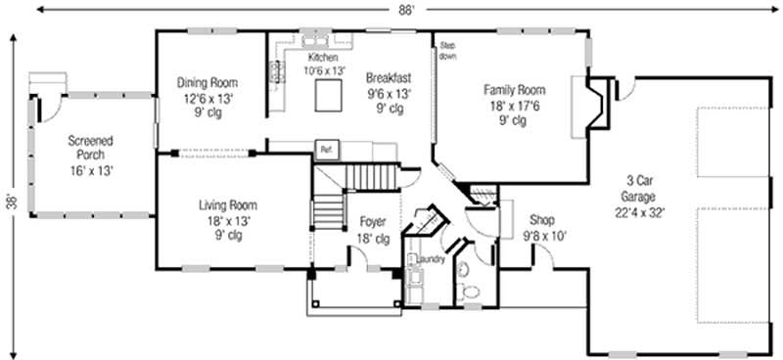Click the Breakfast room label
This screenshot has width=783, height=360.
click(389, 77)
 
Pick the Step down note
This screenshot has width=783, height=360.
click(447, 51)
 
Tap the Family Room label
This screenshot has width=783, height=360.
click(514, 90)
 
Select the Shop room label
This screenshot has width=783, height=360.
click(541, 220)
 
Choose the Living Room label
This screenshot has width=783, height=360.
click(227, 205)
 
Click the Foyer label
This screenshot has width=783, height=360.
click(373, 222)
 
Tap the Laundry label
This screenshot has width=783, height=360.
click(431, 259)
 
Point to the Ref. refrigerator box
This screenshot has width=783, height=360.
click(324, 150)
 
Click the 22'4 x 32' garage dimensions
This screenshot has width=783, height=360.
click(639, 212)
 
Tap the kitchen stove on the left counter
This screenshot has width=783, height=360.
click(276, 71)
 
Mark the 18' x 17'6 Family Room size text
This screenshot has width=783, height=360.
click(514, 106)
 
